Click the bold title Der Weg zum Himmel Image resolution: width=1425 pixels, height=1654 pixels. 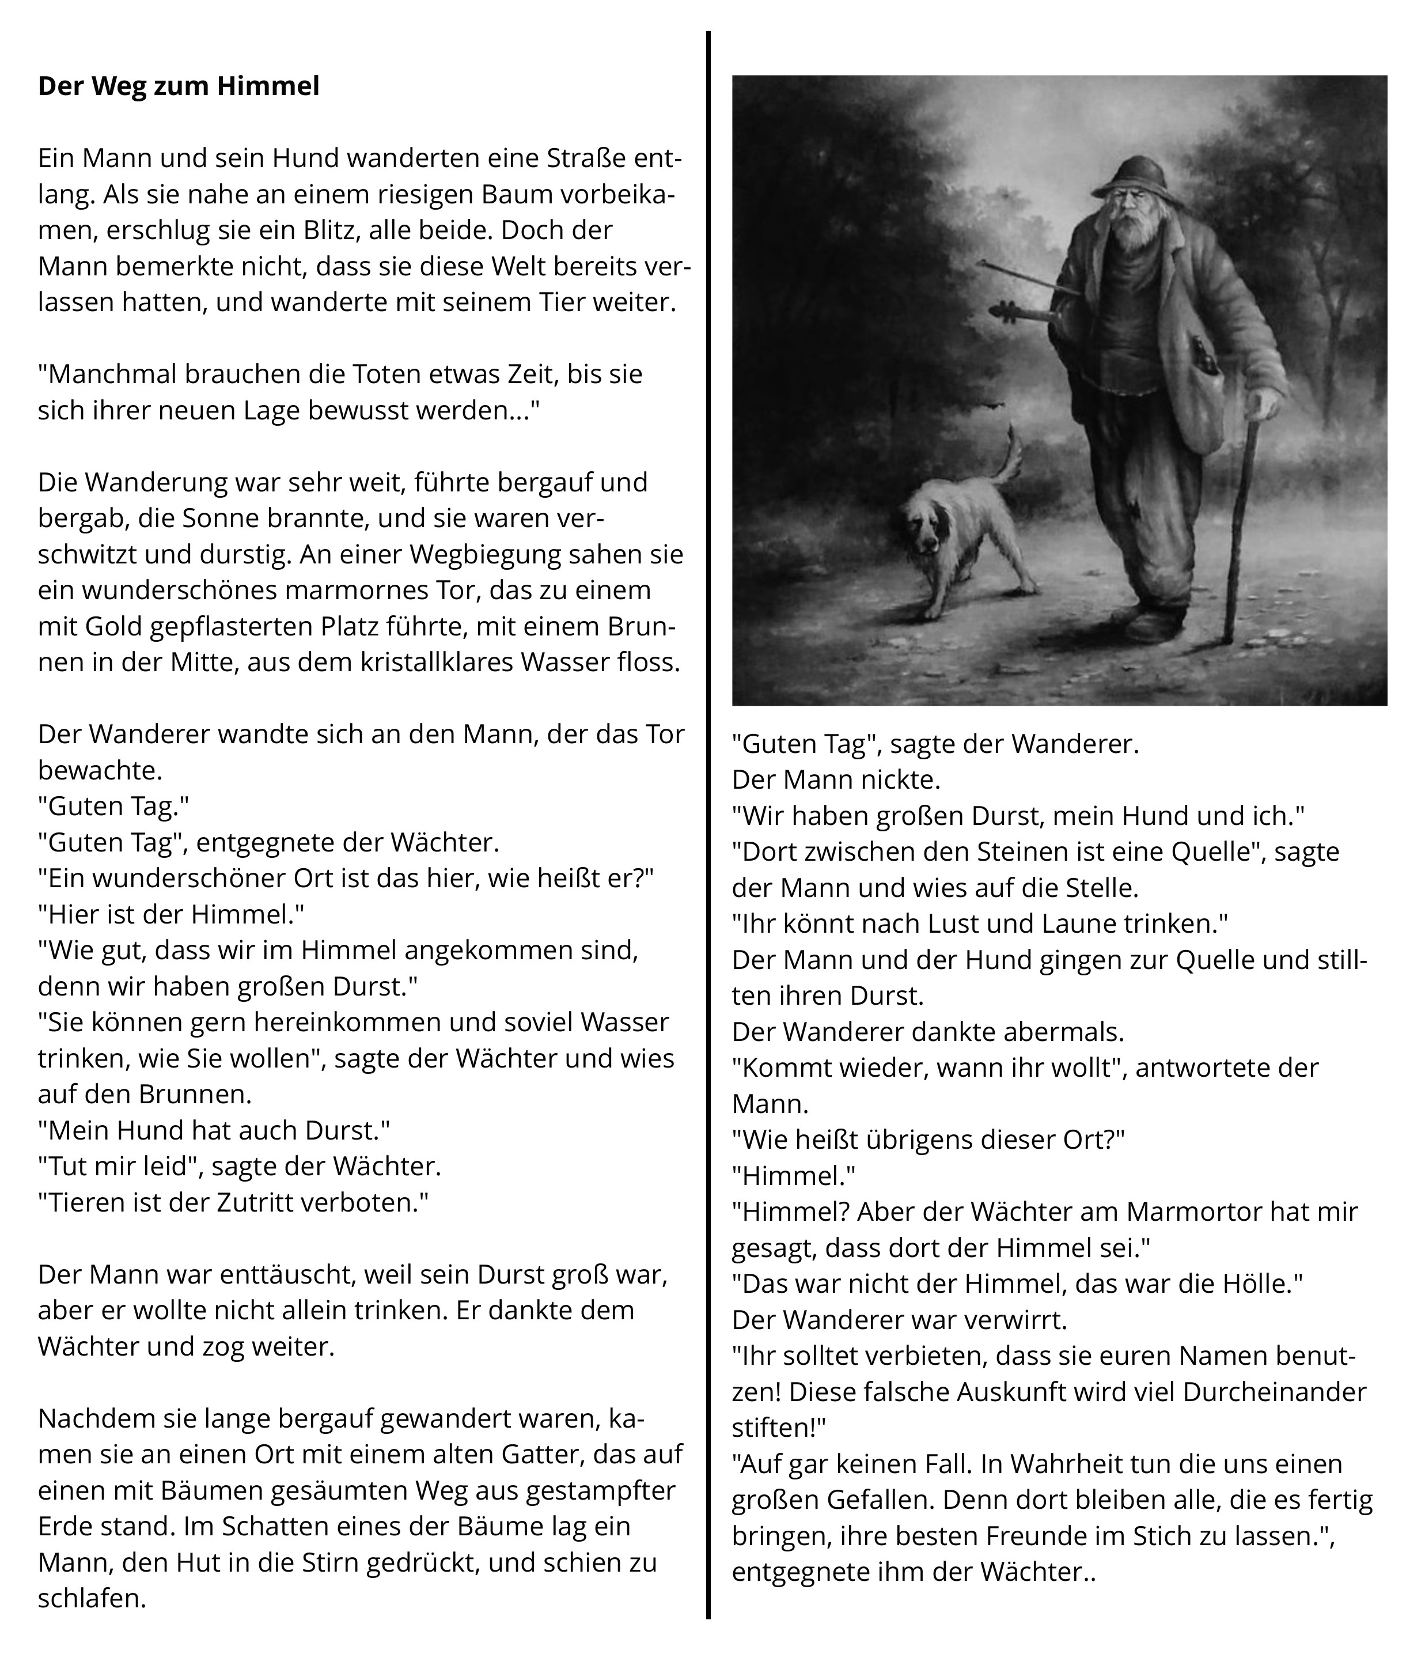pyautogui.click(x=179, y=86)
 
